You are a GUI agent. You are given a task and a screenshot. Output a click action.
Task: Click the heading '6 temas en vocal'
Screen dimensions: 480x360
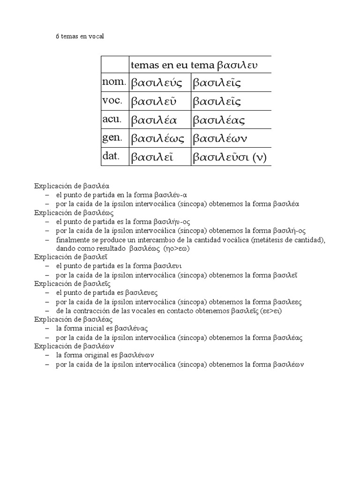[80, 36]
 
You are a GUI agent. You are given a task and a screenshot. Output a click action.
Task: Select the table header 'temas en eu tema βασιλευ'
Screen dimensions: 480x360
[194, 64]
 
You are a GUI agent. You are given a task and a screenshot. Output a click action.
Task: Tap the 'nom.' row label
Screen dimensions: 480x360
[114, 82]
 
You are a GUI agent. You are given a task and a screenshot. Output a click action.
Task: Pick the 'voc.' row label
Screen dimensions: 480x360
[112, 101]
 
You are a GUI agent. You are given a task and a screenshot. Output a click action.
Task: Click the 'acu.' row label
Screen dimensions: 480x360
[112, 120]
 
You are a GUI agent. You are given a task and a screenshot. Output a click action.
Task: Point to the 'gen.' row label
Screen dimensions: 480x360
[112, 138]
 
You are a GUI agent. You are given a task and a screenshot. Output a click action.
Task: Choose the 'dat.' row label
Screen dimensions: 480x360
[111, 156]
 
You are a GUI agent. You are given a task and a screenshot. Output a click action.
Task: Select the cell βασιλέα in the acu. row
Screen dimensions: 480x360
[154, 120]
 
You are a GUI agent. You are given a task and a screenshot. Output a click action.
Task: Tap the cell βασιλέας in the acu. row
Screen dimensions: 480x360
[219, 120]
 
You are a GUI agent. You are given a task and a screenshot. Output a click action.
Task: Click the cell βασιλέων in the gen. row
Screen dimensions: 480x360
[220, 138]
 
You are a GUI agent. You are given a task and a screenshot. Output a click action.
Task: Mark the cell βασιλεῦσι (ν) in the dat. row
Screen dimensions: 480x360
[230, 157]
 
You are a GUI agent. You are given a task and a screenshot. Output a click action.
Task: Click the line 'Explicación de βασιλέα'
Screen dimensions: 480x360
[72, 186]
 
